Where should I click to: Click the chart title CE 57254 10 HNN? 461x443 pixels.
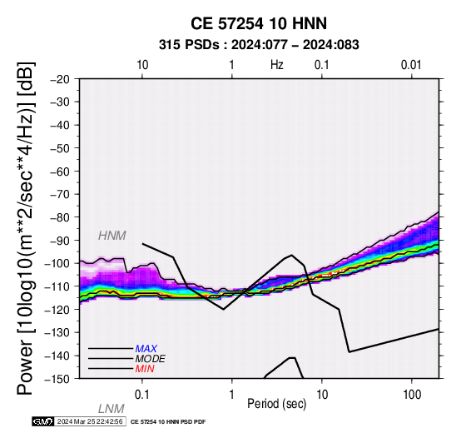coord(259,23)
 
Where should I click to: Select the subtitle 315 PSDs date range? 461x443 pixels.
coord(259,45)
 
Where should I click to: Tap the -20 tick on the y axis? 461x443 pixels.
coord(60,79)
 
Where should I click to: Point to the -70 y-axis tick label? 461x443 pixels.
coord(60,195)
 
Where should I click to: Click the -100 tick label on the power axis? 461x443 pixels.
coord(57,264)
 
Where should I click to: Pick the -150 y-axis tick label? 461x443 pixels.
coord(57,379)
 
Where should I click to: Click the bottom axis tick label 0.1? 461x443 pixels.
coord(142,395)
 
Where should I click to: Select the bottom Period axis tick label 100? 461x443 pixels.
coord(412,395)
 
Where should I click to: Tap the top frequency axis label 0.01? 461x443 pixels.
coord(411,65)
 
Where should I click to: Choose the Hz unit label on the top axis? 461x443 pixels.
coord(277,65)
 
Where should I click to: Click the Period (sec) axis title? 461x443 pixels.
coord(276,404)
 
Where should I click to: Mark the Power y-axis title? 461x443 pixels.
coord(26,228)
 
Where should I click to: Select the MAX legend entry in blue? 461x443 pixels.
coord(146,349)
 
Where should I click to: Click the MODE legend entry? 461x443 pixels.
coord(151,359)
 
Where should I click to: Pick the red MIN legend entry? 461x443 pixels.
coord(145,369)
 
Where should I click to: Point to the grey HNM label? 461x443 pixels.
coord(112,236)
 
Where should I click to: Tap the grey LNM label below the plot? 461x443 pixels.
coord(112,409)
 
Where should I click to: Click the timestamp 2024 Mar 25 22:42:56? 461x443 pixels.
coord(90,422)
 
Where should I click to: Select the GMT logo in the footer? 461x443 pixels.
coord(43,422)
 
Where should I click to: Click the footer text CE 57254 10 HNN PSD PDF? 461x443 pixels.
coord(168,422)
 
